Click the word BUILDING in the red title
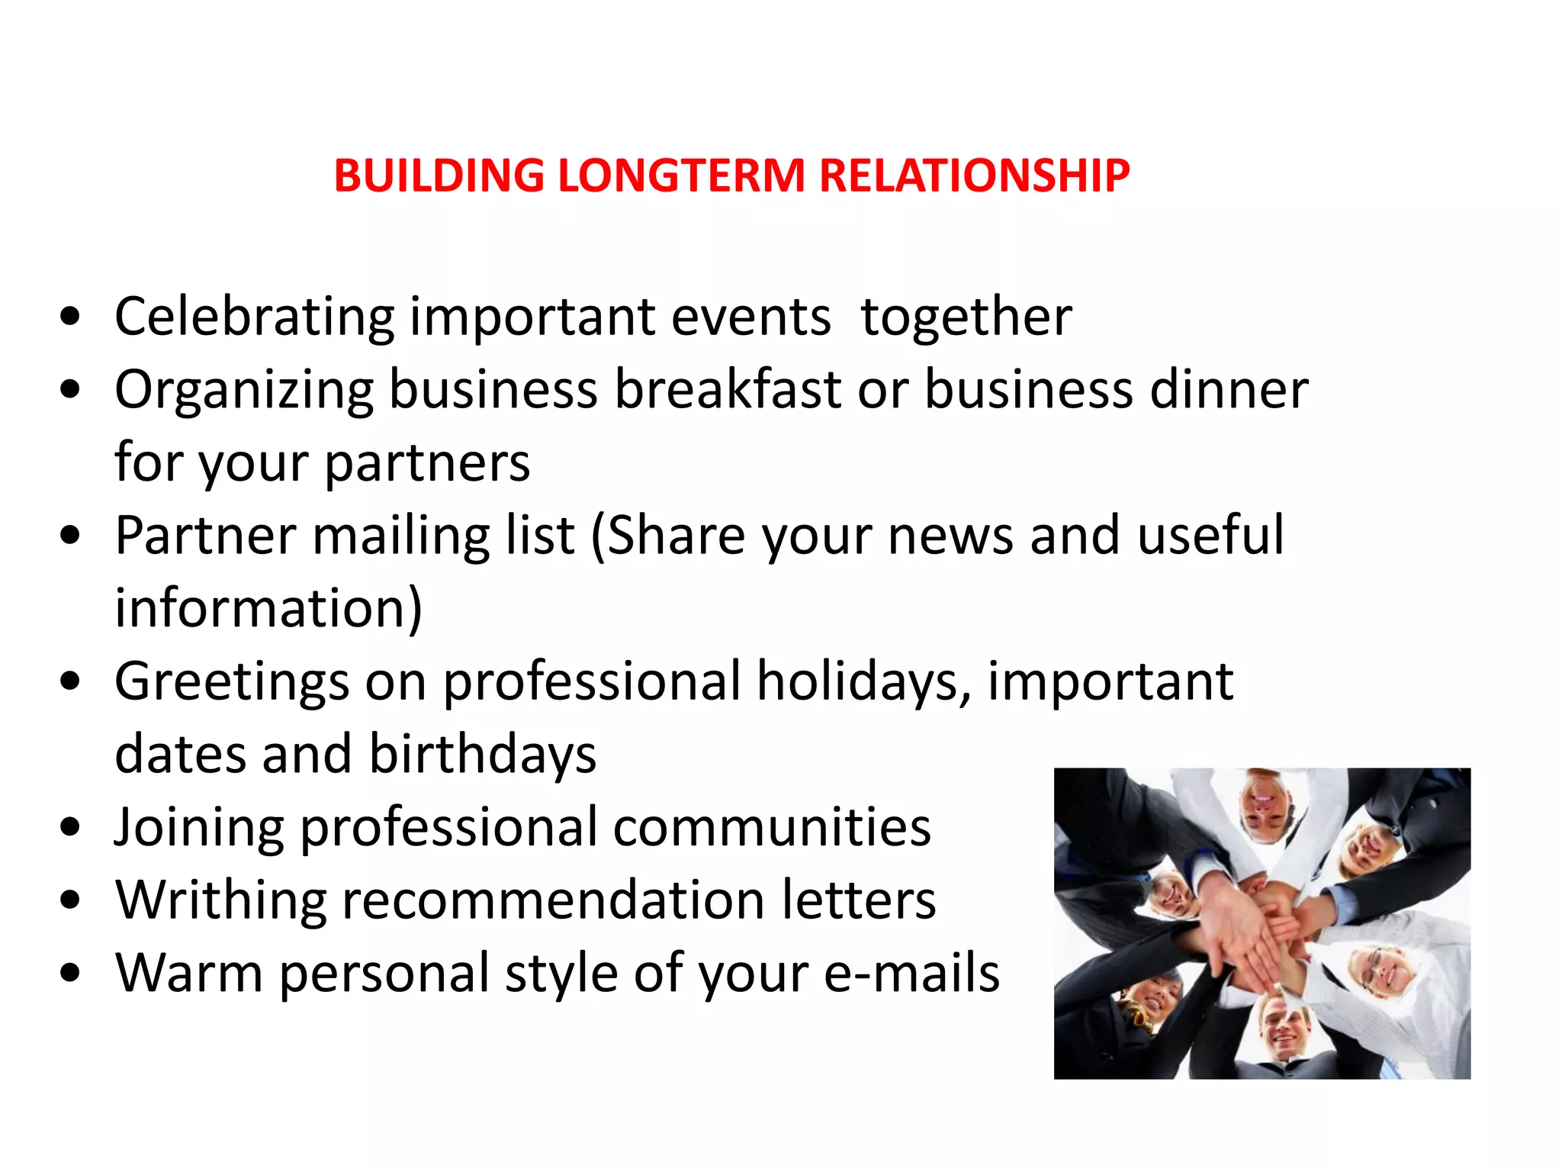pos(439,175)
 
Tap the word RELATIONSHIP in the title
pos(974,175)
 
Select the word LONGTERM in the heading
pos(681,175)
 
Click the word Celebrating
pos(254,317)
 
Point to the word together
pos(966,316)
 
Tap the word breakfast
pos(728,389)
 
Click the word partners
pos(427,464)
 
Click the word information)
pos(268,608)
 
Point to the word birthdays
pos(483,754)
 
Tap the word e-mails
pos(911,973)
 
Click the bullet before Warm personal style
pos(70,973)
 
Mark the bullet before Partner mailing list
pos(70,536)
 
